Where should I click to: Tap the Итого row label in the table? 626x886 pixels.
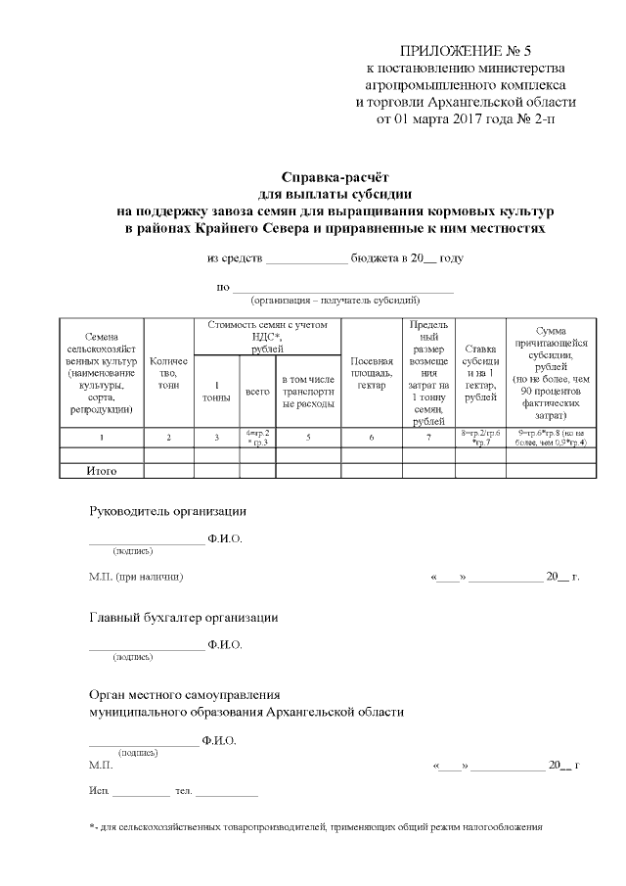point(101,471)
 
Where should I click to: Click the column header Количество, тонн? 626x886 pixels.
point(168,372)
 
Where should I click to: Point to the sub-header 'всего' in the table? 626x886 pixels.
point(257,391)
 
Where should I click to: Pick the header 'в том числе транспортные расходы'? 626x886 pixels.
point(308,391)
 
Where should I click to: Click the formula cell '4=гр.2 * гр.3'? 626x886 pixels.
point(257,437)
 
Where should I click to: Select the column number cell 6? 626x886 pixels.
point(372,437)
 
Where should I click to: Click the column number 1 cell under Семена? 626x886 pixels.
point(101,437)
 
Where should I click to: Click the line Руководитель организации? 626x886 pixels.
point(167,512)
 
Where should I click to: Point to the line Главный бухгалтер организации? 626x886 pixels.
point(184,618)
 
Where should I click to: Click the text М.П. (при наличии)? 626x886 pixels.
point(136,577)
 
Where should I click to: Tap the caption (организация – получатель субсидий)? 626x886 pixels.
point(335,300)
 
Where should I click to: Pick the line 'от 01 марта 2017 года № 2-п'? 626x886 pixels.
point(466,119)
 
